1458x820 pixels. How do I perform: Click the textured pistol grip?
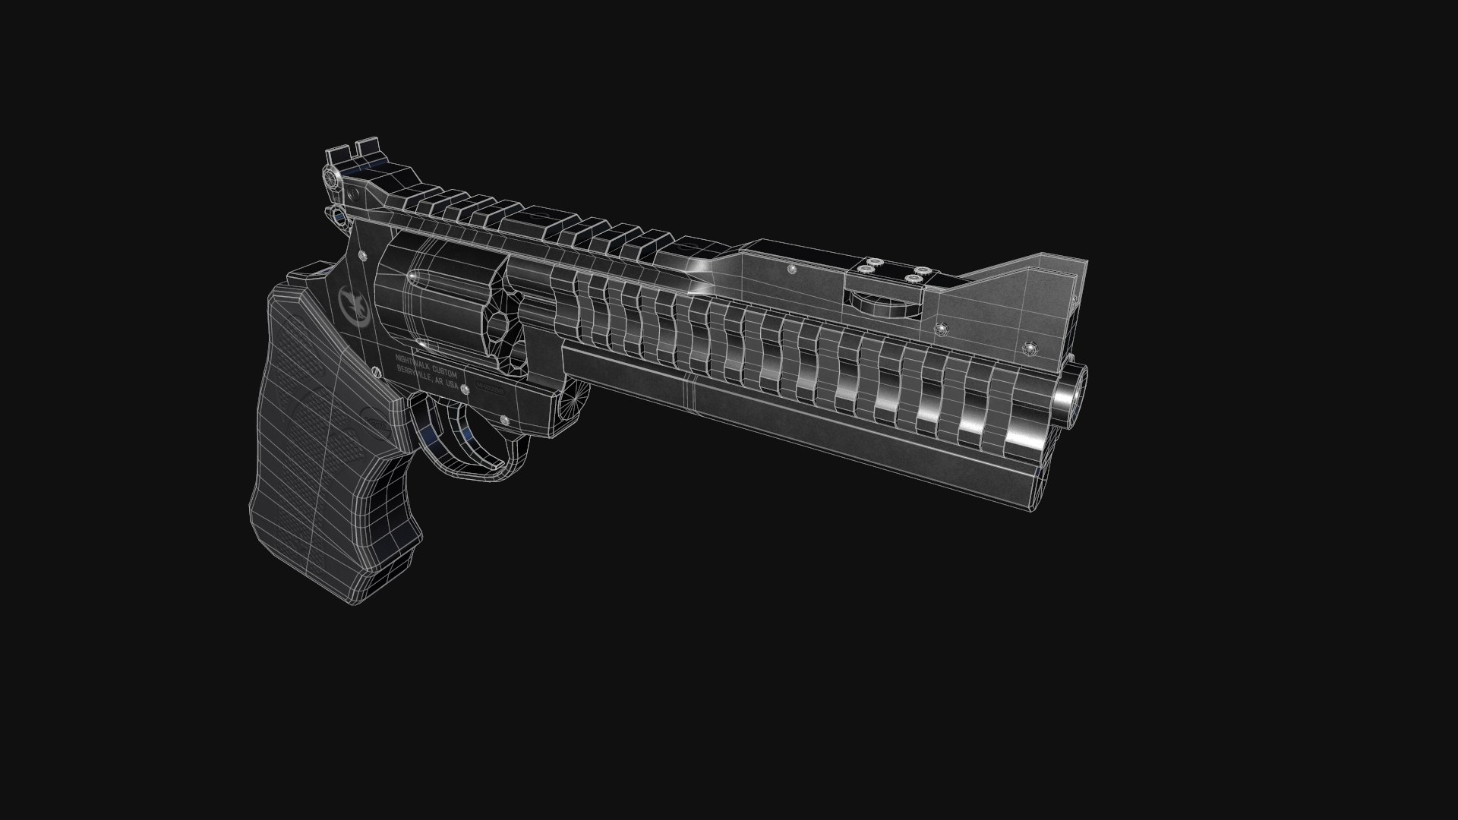click(x=327, y=425)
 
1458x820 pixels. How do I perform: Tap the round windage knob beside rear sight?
click(x=331, y=178)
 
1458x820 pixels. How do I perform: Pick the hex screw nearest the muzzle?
click(x=1029, y=348)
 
